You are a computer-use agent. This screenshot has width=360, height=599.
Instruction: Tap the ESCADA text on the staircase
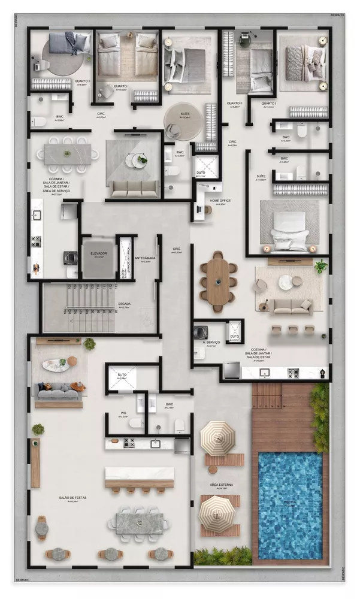[x=125, y=304]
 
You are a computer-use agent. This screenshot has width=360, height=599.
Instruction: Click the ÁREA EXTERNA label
[x=222, y=485]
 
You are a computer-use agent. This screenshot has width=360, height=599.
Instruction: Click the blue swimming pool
[x=290, y=497]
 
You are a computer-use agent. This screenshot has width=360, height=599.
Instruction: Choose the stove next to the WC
[x=129, y=443]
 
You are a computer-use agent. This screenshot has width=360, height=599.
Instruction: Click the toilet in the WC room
[x=137, y=423]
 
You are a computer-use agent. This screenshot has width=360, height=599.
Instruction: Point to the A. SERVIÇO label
[x=212, y=343]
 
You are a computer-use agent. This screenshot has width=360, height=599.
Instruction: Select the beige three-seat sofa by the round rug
[x=291, y=305]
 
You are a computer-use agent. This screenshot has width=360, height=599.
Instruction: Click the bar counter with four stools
[x=140, y=477]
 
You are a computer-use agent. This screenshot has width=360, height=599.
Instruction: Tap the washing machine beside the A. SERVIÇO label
[x=200, y=332]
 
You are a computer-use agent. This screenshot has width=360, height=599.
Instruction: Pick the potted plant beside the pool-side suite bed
[x=322, y=266]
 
